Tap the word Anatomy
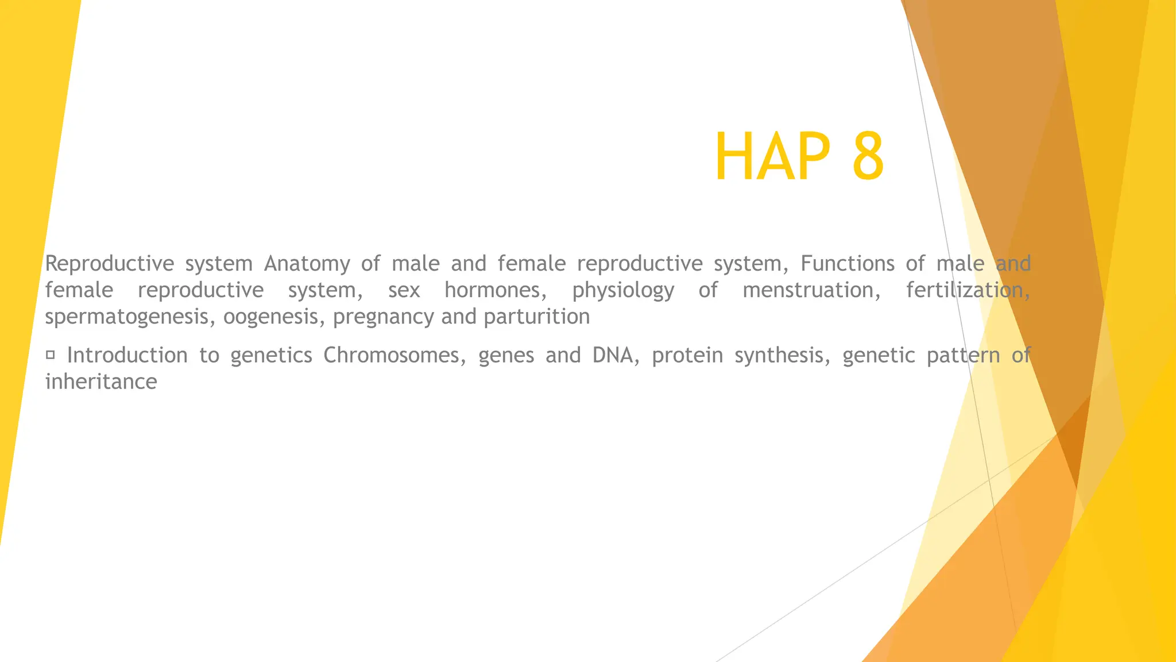tap(307, 264)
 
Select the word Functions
tap(847, 264)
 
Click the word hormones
tap(496, 290)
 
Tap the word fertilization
tap(968, 290)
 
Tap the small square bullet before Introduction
tap(50, 355)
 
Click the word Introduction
tap(127, 355)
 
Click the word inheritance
tap(101, 382)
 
